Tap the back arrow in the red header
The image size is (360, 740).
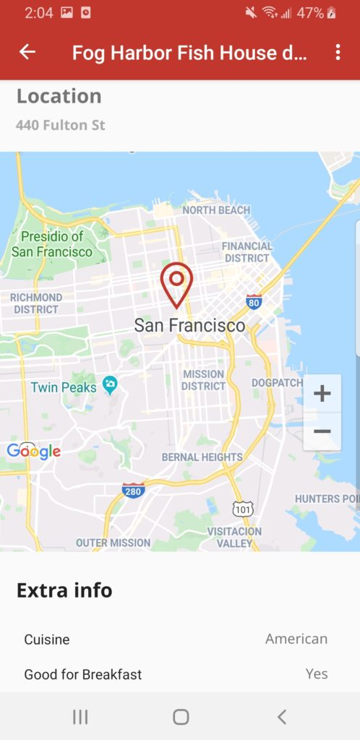point(27,52)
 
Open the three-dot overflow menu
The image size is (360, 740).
point(338,52)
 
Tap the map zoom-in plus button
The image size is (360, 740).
point(322,394)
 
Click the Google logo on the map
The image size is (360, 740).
point(33,452)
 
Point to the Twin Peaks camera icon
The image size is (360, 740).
point(110,384)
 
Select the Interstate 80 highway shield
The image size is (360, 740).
point(254,301)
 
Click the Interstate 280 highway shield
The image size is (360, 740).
point(133,490)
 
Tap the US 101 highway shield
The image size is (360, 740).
point(244,509)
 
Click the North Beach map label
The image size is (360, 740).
point(215,210)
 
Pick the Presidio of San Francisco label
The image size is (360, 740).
point(52,244)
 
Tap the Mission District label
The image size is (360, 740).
point(203,380)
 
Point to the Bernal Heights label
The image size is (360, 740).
point(202,457)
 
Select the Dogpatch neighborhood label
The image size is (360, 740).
point(277,382)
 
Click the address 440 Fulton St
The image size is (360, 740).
point(61,125)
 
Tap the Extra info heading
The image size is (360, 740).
point(64,590)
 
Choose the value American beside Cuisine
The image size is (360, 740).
point(296,639)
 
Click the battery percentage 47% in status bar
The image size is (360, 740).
point(309,13)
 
